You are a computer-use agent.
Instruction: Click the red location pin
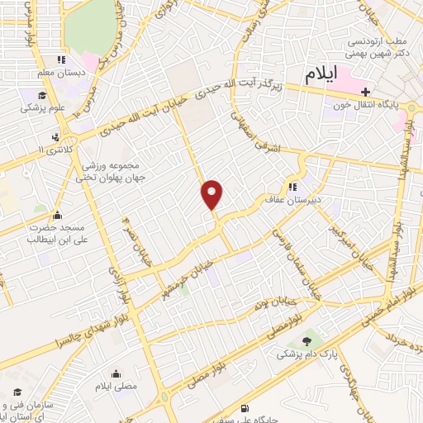(213, 194)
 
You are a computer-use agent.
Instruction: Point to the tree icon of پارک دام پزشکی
(309, 340)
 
